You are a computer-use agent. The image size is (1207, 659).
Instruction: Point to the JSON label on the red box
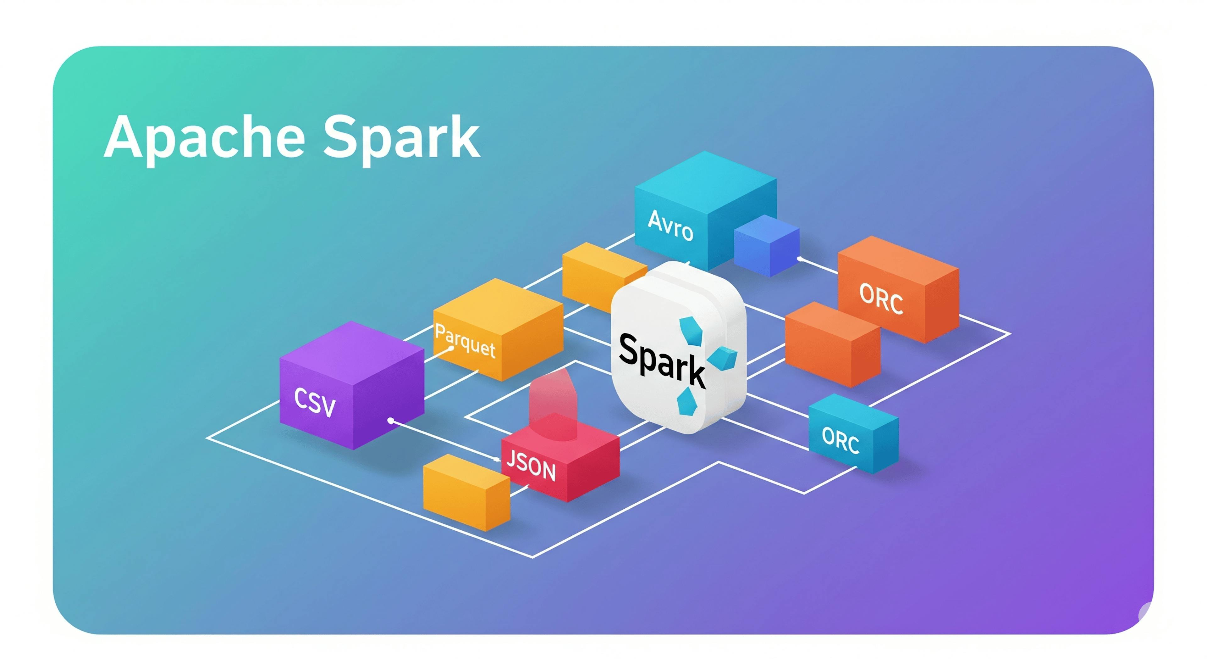[x=531, y=466]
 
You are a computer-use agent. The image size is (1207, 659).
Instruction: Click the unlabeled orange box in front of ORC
[x=832, y=345]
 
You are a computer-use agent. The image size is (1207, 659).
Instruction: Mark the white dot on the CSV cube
[x=391, y=421]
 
